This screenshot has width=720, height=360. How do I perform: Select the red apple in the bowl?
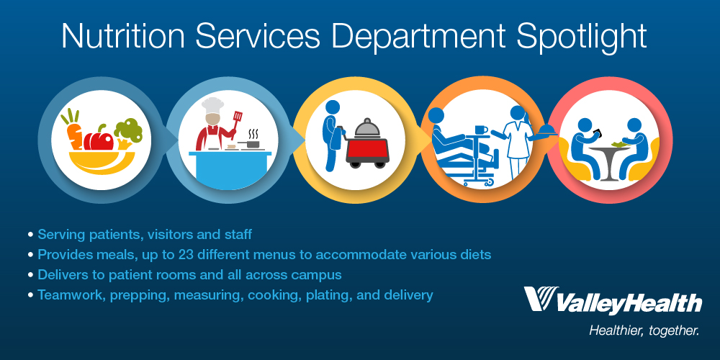point(99,136)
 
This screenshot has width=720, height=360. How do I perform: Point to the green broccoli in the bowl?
point(128,130)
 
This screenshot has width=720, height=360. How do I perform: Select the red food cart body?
point(372,151)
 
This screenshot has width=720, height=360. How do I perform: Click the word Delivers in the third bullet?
point(62,274)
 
